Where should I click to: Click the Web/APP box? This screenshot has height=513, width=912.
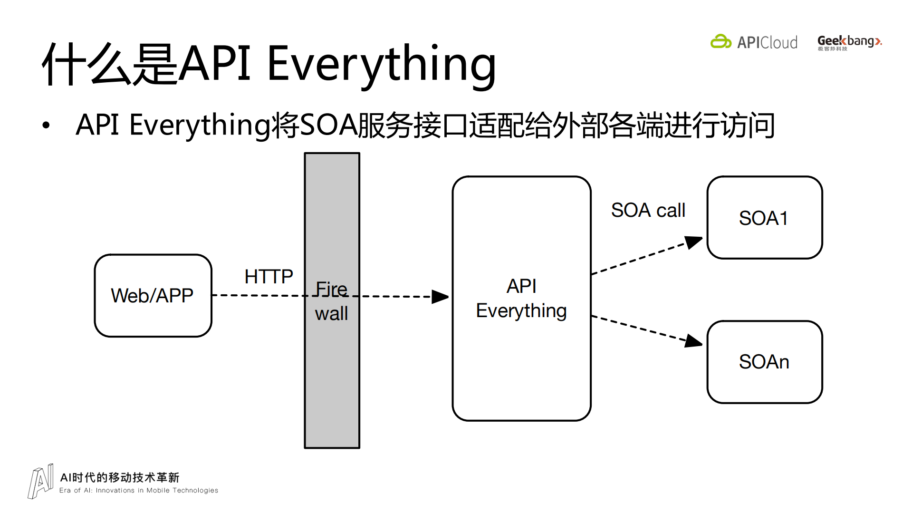point(153,295)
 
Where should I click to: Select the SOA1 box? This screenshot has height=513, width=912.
point(764,218)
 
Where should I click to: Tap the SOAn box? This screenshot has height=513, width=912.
point(764,362)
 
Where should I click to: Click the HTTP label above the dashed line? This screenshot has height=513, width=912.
point(269,277)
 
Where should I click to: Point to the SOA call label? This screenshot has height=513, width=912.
point(648,210)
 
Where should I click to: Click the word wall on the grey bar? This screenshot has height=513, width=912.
point(331,314)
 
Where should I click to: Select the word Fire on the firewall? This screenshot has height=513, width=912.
point(331,289)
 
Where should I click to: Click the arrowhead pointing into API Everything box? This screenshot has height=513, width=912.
point(440,297)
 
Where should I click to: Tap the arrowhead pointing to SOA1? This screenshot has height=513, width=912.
point(694,242)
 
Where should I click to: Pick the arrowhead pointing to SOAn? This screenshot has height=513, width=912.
point(694,341)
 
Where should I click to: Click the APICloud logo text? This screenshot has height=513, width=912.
point(767,43)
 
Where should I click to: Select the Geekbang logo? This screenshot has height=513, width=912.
point(849,42)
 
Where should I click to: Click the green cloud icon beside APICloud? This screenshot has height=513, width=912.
point(720,42)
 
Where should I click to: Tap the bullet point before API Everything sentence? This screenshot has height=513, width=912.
point(46,126)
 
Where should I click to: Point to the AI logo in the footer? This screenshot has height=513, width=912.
point(40,482)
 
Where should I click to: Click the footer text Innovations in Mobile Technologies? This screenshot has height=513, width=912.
point(157,491)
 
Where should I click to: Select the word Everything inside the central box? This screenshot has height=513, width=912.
point(521,311)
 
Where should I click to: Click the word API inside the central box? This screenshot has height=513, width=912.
point(521,286)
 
